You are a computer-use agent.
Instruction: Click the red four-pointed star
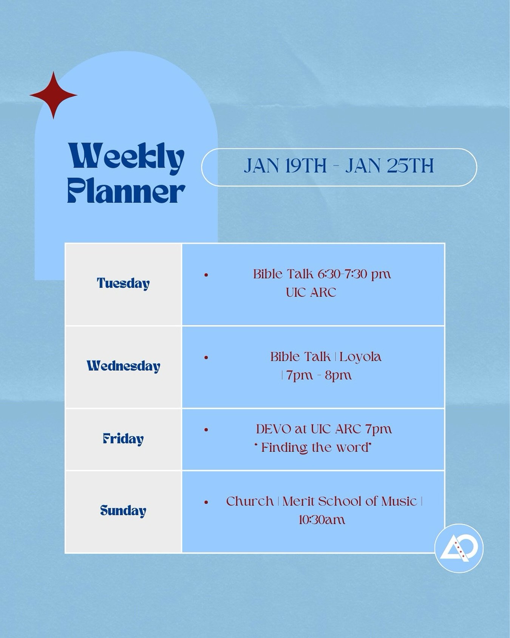point(54,95)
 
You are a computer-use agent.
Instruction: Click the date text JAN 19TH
point(285,166)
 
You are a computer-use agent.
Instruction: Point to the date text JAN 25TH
point(389,166)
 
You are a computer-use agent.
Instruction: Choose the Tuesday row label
point(123,283)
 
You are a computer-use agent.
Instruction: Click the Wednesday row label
point(124,366)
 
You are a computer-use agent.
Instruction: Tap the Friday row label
point(123,439)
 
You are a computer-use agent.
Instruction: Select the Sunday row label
point(123,511)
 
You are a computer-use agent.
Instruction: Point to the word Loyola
point(360,357)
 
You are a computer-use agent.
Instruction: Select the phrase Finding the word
point(314,447)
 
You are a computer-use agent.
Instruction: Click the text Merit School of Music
point(350,501)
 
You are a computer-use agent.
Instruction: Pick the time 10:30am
point(321,520)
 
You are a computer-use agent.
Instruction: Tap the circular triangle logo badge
point(459,548)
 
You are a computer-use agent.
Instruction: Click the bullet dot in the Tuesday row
point(206,275)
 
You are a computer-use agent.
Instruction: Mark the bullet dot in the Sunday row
point(206,502)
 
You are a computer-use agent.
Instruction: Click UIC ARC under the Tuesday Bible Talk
point(311,292)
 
